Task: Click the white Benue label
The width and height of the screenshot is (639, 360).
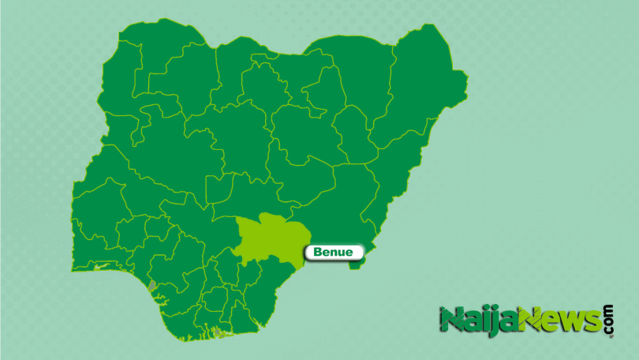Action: pyautogui.click(x=333, y=253)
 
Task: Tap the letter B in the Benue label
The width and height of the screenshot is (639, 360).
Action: pyautogui.click(x=318, y=253)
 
